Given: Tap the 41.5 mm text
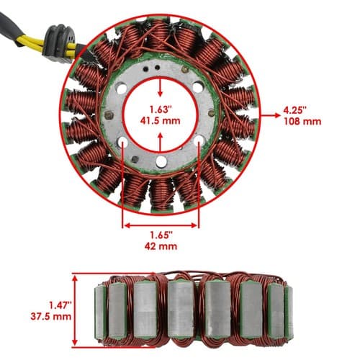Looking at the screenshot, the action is [161, 121].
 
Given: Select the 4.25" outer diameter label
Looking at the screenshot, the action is [295, 110].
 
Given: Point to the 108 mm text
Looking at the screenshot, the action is [302, 122].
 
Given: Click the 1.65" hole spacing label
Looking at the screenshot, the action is [161, 235].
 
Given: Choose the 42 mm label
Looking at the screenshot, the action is [161, 246].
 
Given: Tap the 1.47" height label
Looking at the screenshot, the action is [60, 305].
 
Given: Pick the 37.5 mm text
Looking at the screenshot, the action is [51, 316].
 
